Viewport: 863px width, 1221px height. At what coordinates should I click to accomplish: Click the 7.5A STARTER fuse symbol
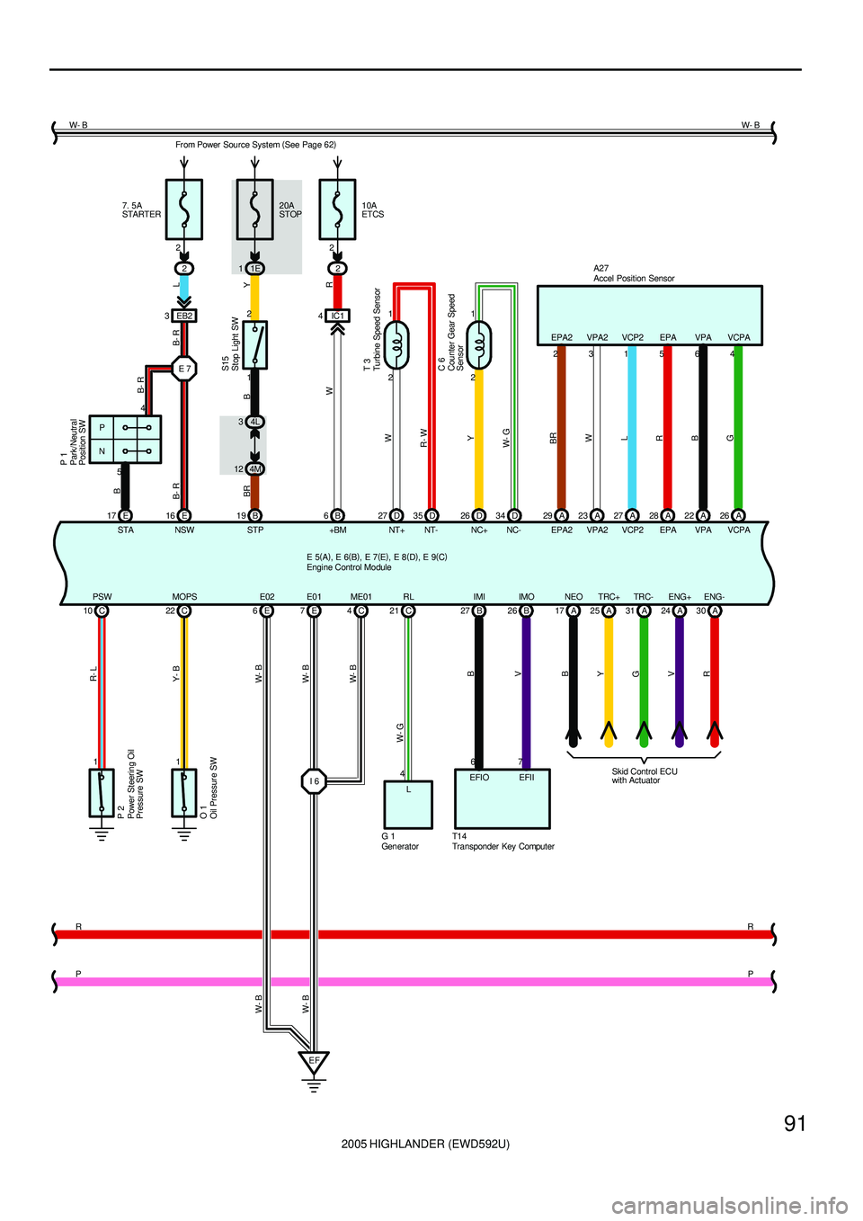pyautogui.click(x=184, y=209)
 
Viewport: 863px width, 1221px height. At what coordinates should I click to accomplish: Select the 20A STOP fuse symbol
pyautogui.click(x=254, y=209)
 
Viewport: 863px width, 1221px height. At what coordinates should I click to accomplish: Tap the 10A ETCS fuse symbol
pyautogui.click(x=337, y=209)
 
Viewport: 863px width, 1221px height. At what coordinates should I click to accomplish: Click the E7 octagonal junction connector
pyautogui.click(x=184, y=369)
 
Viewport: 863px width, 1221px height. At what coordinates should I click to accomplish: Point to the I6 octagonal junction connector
pyautogui.click(x=314, y=781)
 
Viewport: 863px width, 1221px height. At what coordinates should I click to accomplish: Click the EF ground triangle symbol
pyautogui.click(x=314, y=1063)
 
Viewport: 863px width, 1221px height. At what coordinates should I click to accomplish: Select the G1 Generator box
pyautogui.click(x=408, y=804)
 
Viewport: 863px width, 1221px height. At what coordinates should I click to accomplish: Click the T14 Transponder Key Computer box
pyautogui.click(x=502, y=798)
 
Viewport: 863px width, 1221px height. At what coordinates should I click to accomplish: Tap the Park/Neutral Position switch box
pyautogui.click(x=125, y=439)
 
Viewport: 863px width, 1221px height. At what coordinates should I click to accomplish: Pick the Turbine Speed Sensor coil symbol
pyautogui.click(x=396, y=345)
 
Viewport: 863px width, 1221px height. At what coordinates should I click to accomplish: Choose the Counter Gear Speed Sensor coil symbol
pyautogui.click(x=479, y=345)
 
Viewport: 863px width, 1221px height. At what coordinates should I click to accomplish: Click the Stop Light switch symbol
pyautogui.click(x=255, y=344)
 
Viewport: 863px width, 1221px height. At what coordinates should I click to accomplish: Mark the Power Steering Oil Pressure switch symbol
pyautogui.click(x=102, y=792)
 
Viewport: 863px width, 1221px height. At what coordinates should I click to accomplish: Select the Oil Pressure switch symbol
pyautogui.click(x=184, y=792)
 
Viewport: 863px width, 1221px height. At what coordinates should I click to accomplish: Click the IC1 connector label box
pyautogui.click(x=337, y=316)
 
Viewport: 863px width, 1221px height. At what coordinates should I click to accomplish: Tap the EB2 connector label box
pyautogui.click(x=184, y=316)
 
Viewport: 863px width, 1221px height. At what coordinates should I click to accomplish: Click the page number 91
pyautogui.click(x=795, y=1123)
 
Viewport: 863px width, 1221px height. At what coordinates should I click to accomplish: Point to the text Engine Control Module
pyautogui.click(x=349, y=567)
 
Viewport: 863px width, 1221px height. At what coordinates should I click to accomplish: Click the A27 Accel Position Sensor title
pyautogui.click(x=634, y=273)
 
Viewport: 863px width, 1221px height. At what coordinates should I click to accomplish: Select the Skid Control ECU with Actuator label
pyautogui.click(x=645, y=776)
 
